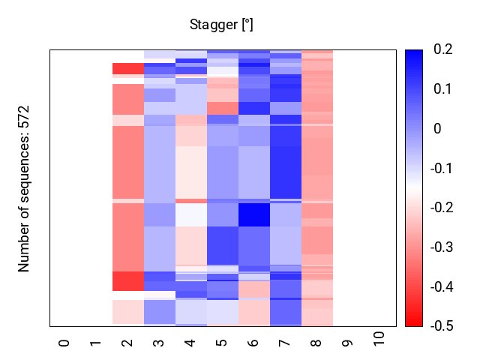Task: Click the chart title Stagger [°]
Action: click(221, 25)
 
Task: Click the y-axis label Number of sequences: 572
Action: click(24, 188)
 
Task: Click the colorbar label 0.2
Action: click(442, 49)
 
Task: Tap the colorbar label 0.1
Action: click(442, 89)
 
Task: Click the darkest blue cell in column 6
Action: click(254, 214)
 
